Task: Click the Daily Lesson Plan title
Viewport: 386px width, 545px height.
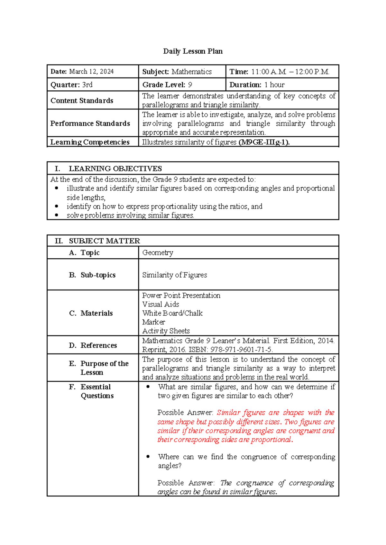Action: (x=193, y=51)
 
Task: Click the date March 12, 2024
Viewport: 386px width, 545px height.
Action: (x=91, y=72)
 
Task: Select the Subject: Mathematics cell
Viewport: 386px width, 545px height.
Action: (x=177, y=72)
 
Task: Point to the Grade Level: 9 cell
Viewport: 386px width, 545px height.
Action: (x=167, y=85)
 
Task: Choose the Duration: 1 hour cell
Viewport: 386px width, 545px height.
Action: (x=257, y=85)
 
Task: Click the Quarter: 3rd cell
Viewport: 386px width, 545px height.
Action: (x=71, y=85)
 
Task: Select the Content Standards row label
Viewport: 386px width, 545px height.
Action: (x=82, y=101)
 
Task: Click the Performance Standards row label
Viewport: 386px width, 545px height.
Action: (x=90, y=123)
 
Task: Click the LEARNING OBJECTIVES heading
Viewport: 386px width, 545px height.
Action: (x=115, y=169)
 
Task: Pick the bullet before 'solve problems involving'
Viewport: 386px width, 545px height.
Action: (x=57, y=215)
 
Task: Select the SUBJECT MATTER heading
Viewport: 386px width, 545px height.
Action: (x=104, y=241)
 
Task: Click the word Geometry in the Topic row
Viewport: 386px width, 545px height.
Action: (x=158, y=253)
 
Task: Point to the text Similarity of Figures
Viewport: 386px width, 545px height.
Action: (x=175, y=275)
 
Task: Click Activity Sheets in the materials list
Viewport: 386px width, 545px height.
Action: (x=166, y=331)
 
